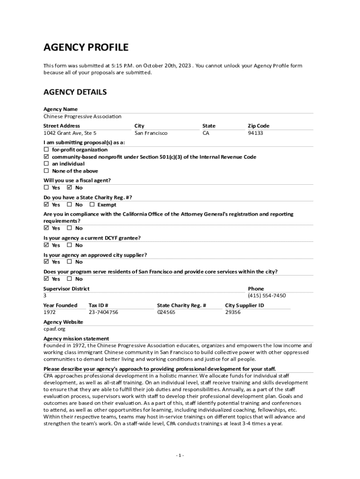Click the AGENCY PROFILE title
point(86,48)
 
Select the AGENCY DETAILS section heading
point(75,92)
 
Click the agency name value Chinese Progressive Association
point(82,116)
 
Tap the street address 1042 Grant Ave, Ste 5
point(70,133)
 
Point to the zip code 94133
point(255,133)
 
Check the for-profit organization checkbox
point(46,150)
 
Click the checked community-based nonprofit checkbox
point(46,157)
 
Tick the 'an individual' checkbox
point(46,164)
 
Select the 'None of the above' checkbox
point(46,171)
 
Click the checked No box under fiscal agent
point(69,188)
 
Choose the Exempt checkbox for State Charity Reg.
point(92,205)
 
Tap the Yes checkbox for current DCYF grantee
point(46,245)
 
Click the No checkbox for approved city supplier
point(69,262)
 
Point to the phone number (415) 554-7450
point(266,296)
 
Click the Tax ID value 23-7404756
point(103,312)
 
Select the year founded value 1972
point(50,312)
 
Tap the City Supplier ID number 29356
point(233,312)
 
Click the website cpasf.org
point(51,329)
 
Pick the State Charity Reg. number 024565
point(166,312)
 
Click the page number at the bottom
point(180,456)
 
